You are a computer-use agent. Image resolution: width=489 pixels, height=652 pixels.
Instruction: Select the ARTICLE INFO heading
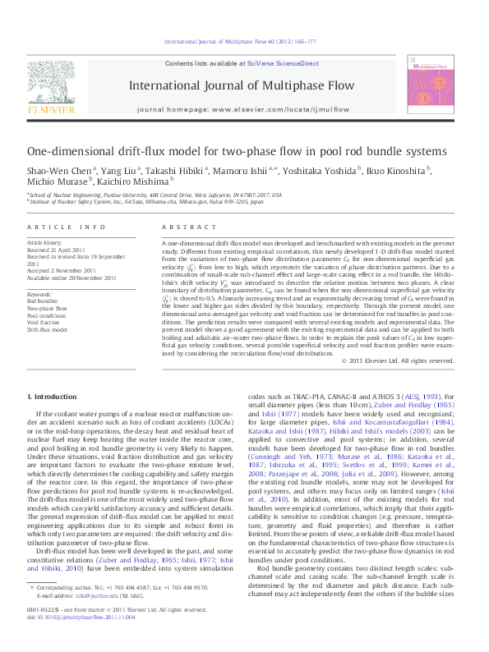click(66, 227)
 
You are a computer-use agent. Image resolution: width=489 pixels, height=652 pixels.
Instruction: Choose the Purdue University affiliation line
click(156, 195)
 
